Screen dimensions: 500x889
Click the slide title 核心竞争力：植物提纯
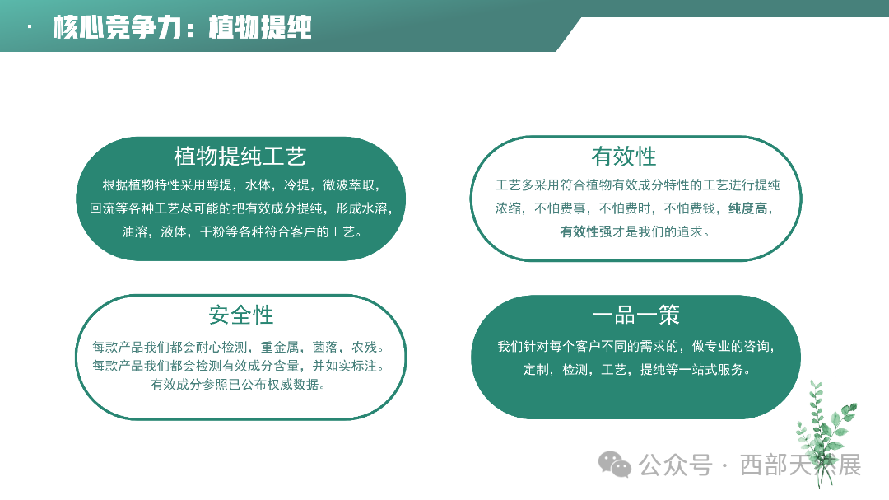[x=182, y=28]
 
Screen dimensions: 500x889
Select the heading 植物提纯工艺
[x=240, y=156]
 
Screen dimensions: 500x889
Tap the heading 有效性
[x=623, y=156]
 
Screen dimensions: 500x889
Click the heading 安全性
[x=240, y=314]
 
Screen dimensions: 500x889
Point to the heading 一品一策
[x=635, y=315]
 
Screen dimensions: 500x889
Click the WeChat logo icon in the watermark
[x=614, y=465]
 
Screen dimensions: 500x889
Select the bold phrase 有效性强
[x=585, y=232]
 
